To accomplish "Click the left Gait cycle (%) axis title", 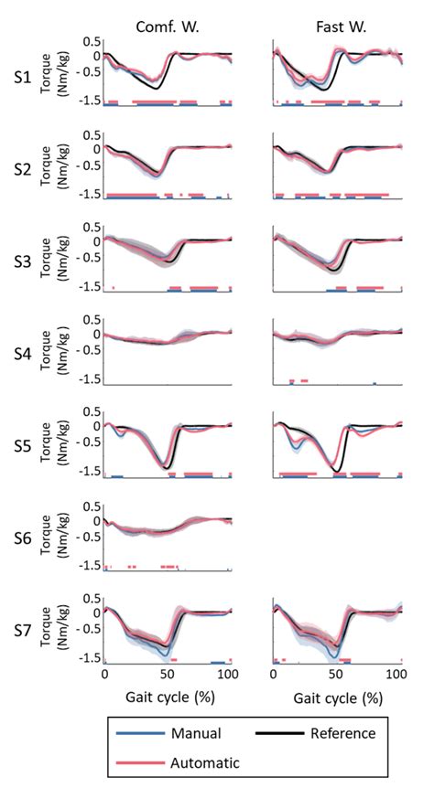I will [168, 698].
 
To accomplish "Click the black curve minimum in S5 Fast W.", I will [338, 471].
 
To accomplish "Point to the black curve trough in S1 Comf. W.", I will [157, 89].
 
